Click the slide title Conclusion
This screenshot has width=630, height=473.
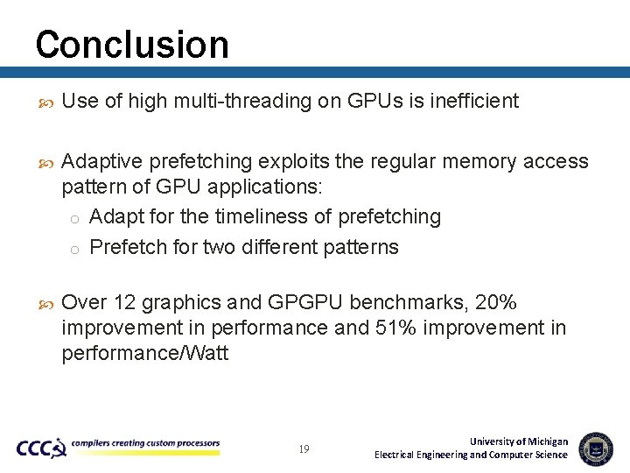(132, 45)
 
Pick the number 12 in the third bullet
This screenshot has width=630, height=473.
(124, 303)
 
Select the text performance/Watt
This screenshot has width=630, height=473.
(145, 354)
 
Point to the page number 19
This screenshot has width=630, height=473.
(304, 449)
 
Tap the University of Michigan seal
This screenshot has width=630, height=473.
(596, 448)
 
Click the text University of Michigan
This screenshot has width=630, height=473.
(519, 441)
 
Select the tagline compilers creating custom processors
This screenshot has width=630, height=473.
(145, 443)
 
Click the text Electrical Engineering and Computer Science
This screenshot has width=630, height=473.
(471, 455)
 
